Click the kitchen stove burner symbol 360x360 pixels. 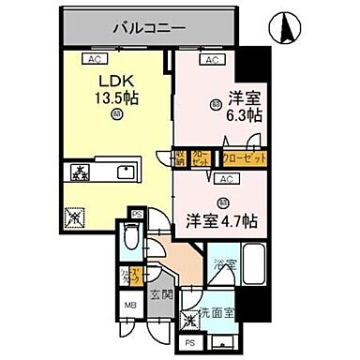[76, 172]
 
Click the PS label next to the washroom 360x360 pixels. [191, 343]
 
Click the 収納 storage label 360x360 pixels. [180, 157]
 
